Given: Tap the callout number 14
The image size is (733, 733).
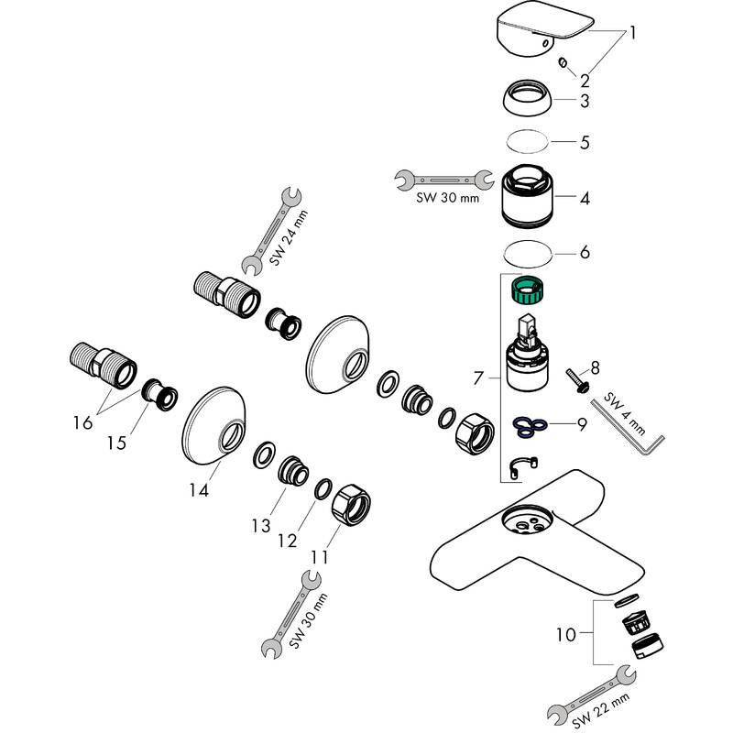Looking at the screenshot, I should [x=199, y=490].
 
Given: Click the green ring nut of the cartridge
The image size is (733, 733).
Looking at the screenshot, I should [x=528, y=293].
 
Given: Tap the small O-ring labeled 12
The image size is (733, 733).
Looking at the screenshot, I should [x=323, y=488].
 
